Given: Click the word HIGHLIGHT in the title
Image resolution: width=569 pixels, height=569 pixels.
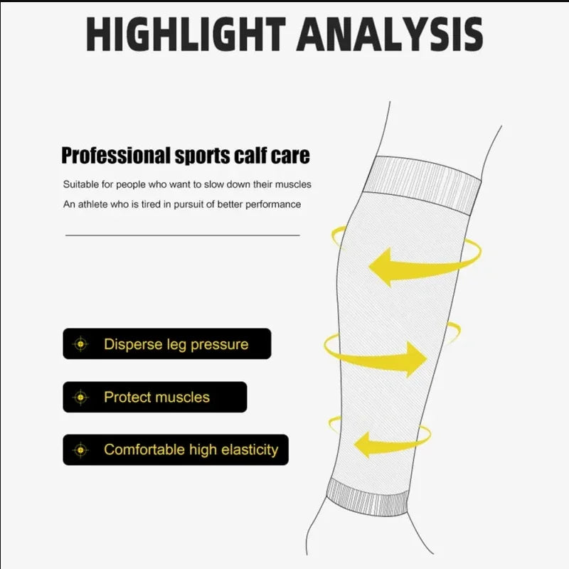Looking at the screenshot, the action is point(186,33).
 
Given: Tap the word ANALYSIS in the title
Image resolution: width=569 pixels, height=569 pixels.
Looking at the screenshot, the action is point(390,33).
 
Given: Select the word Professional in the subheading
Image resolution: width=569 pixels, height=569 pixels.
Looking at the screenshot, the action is point(116,156).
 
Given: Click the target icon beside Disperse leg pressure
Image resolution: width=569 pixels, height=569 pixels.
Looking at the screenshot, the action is point(80,344).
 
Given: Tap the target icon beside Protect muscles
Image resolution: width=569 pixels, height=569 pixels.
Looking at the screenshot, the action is point(80,398).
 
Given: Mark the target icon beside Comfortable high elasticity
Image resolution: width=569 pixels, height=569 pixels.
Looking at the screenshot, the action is point(80,450).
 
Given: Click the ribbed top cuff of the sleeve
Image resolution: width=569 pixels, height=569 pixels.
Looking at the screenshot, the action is point(422,184).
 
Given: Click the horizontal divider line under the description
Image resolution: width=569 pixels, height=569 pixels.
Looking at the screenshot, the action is point(183,235).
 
